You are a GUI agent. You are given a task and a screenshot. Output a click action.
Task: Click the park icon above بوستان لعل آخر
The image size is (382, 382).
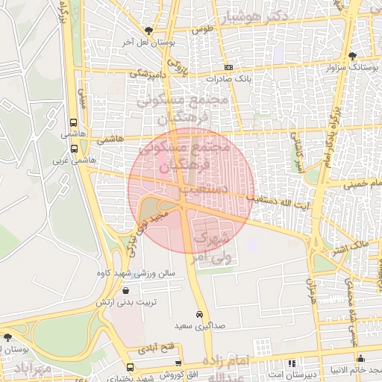pyautogui.click(x=149, y=31)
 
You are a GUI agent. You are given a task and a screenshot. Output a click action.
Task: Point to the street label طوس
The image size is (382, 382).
pyautogui.click(x=202, y=30)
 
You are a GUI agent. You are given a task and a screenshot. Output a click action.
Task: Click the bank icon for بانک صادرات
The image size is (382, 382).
pyautogui.click(x=228, y=67)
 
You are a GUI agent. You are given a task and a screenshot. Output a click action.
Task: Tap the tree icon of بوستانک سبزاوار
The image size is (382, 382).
pyautogui.click(x=352, y=56)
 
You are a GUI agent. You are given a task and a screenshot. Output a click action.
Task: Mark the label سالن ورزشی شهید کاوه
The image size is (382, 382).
pyautogui.click(x=134, y=273)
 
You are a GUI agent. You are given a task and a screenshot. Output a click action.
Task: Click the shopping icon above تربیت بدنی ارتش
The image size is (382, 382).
pyautogui.click(x=124, y=291)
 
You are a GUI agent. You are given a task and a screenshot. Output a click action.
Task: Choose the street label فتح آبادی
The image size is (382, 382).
pyautogui.click(x=157, y=348)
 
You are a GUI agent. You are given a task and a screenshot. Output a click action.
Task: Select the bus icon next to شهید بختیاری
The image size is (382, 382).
pyautogui.click(x=131, y=368)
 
